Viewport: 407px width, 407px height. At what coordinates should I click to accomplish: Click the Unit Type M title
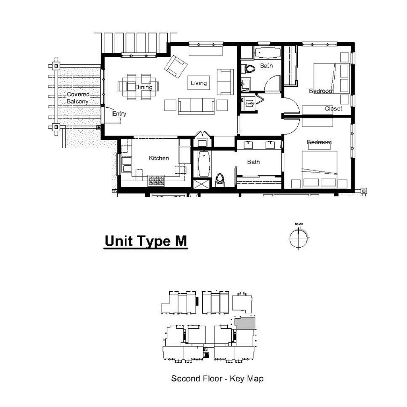coord(145,241)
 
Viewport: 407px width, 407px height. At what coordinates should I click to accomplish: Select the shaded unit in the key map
coord(245,323)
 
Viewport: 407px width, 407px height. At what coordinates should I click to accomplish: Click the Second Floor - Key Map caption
coord(217,378)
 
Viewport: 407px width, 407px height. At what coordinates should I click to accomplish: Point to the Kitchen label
coord(159,158)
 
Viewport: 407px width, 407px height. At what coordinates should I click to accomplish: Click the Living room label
coord(198,83)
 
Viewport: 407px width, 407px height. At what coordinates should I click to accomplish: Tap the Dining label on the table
coord(143,87)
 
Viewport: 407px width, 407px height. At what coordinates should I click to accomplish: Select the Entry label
coord(119,114)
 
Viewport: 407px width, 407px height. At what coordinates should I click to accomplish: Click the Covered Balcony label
coord(78,98)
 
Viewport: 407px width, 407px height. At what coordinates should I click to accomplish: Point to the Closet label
coord(333,109)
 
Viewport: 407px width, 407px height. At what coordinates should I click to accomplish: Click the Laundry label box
coord(249,103)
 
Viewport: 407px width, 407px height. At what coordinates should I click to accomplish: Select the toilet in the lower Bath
coord(220,180)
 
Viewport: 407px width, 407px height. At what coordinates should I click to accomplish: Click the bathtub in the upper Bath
coord(267,53)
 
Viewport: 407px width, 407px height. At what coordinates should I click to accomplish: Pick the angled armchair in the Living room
coord(175,66)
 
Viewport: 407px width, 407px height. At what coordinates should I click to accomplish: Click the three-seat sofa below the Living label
coord(196,106)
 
